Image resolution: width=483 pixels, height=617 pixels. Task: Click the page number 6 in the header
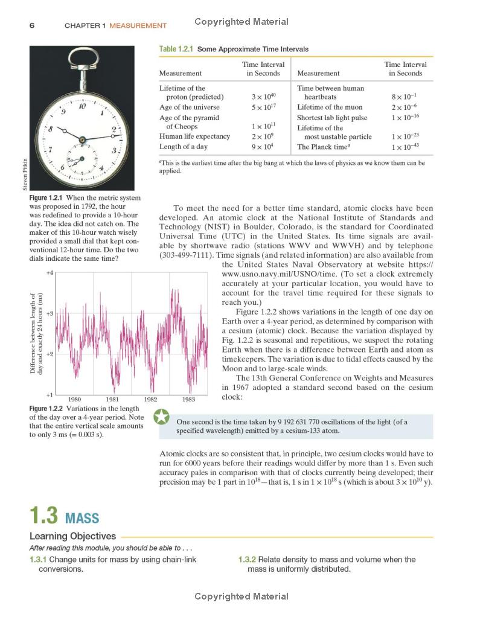point(31,25)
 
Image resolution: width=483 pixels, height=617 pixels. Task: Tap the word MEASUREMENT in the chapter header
point(138,25)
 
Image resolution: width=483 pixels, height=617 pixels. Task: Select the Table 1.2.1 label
point(176,49)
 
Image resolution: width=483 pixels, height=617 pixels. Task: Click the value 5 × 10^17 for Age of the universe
point(264,107)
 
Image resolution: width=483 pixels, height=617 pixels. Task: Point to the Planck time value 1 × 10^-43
point(405,147)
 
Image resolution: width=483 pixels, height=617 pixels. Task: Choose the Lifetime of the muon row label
point(329,107)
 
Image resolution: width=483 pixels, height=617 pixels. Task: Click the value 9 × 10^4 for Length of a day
point(264,147)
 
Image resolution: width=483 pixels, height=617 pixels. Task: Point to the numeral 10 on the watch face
point(82,106)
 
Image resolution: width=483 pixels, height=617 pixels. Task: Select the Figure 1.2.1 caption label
point(46,198)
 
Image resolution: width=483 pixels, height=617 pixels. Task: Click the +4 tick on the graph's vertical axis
point(50,273)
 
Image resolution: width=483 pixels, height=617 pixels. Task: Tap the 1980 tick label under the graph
point(74,399)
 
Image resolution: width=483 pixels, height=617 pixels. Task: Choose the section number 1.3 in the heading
point(43,516)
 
